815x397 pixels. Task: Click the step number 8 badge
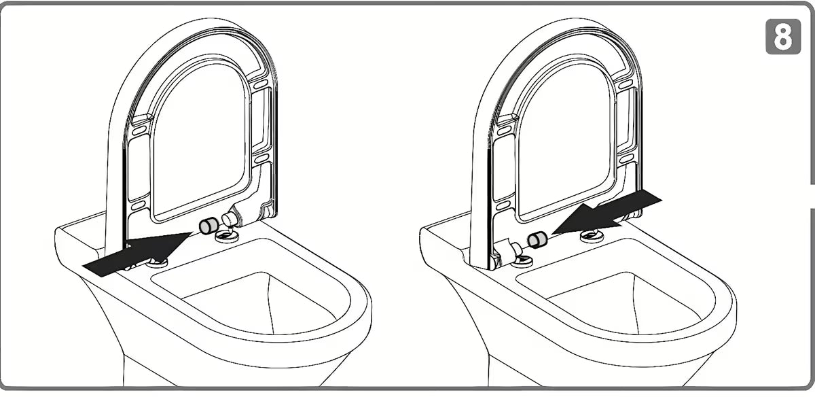point(783,37)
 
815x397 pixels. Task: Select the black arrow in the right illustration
point(606,216)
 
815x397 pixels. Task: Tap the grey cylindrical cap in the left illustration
point(209,226)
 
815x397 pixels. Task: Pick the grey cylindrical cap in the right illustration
point(537,239)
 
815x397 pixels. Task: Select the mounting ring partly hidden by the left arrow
point(157,261)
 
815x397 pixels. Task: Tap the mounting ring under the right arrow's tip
point(592,236)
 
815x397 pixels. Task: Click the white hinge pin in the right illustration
point(514,248)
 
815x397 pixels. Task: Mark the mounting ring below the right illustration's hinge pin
point(522,260)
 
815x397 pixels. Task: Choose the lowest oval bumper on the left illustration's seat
point(139,206)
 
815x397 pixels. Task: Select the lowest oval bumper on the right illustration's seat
point(503,206)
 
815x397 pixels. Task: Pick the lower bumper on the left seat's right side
point(261,159)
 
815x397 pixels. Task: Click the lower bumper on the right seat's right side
point(626,159)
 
